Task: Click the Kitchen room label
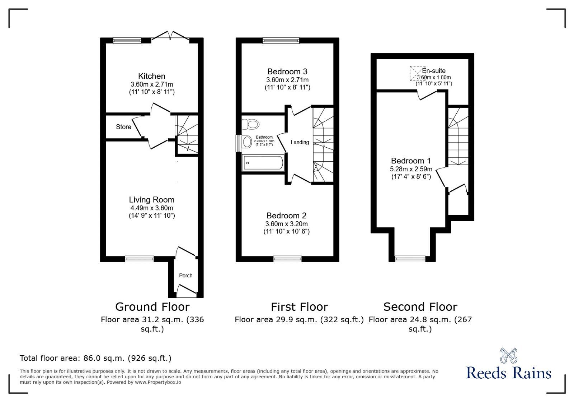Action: [x=152, y=76]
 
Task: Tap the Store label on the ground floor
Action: [x=123, y=127]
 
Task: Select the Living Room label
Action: [x=152, y=200]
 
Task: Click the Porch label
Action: [x=185, y=276]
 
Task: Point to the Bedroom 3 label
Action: [x=287, y=71]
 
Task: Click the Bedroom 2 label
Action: [x=286, y=216]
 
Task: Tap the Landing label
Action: [x=300, y=142]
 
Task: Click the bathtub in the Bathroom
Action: [x=263, y=163]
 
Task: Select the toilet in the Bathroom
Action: [x=251, y=124]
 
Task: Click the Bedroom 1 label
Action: [x=411, y=161]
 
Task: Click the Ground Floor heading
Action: [x=152, y=307]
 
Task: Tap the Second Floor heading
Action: [x=420, y=307]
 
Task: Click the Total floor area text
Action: [x=95, y=358]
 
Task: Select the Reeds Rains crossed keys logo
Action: [x=508, y=355]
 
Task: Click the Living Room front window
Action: [x=140, y=258]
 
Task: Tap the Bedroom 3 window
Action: [x=281, y=41]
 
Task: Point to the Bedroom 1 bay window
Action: [x=410, y=258]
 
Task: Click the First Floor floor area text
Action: [x=299, y=319]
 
